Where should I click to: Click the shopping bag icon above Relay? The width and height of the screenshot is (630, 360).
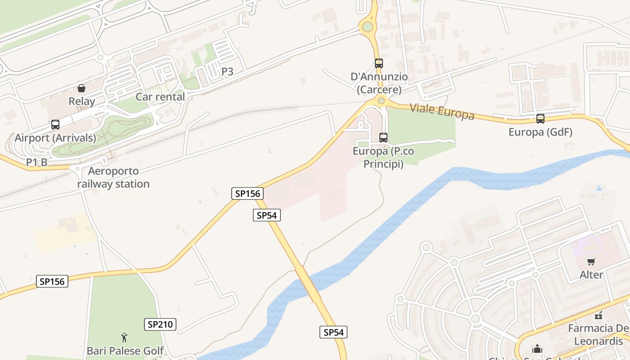click(x=81, y=88)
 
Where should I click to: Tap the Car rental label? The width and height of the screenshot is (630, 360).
click(x=160, y=97)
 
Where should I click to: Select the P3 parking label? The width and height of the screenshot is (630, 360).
click(x=227, y=71)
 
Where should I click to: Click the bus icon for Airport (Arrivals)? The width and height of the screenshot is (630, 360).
click(x=55, y=124)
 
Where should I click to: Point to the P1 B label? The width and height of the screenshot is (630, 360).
click(x=36, y=162)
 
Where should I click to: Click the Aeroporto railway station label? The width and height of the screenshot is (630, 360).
click(x=113, y=177)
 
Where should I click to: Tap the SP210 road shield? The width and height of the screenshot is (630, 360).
click(x=160, y=324)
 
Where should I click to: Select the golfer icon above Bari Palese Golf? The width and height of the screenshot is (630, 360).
click(x=125, y=337)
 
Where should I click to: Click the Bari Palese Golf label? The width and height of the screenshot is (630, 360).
click(x=125, y=351)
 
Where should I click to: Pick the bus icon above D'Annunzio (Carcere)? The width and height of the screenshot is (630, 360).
click(x=379, y=63)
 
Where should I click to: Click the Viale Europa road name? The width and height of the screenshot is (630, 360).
click(x=442, y=111)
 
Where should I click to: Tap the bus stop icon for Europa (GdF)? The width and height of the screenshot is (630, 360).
click(x=540, y=119)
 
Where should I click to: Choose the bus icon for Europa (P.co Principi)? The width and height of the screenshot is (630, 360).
click(x=383, y=138)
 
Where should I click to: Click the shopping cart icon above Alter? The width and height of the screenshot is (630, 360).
click(x=591, y=261)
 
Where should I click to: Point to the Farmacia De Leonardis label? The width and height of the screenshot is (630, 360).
click(x=598, y=334)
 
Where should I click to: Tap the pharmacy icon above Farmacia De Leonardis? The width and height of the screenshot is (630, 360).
click(x=598, y=315)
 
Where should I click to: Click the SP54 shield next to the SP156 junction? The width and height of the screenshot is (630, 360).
click(x=266, y=215)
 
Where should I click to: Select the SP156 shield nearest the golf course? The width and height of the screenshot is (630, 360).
click(x=52, y=281)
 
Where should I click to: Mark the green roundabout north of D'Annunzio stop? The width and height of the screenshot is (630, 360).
click(x=368, y=27)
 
